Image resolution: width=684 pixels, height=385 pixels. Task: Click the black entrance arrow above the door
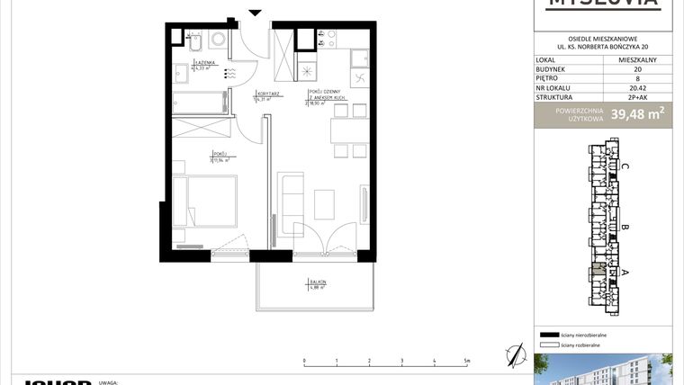coord(255,12)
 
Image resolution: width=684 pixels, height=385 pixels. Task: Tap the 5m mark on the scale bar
coord(466,361)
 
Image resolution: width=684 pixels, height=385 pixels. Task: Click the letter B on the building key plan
coord(625,228)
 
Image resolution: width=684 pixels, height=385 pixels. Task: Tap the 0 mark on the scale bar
coord(304,361)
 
